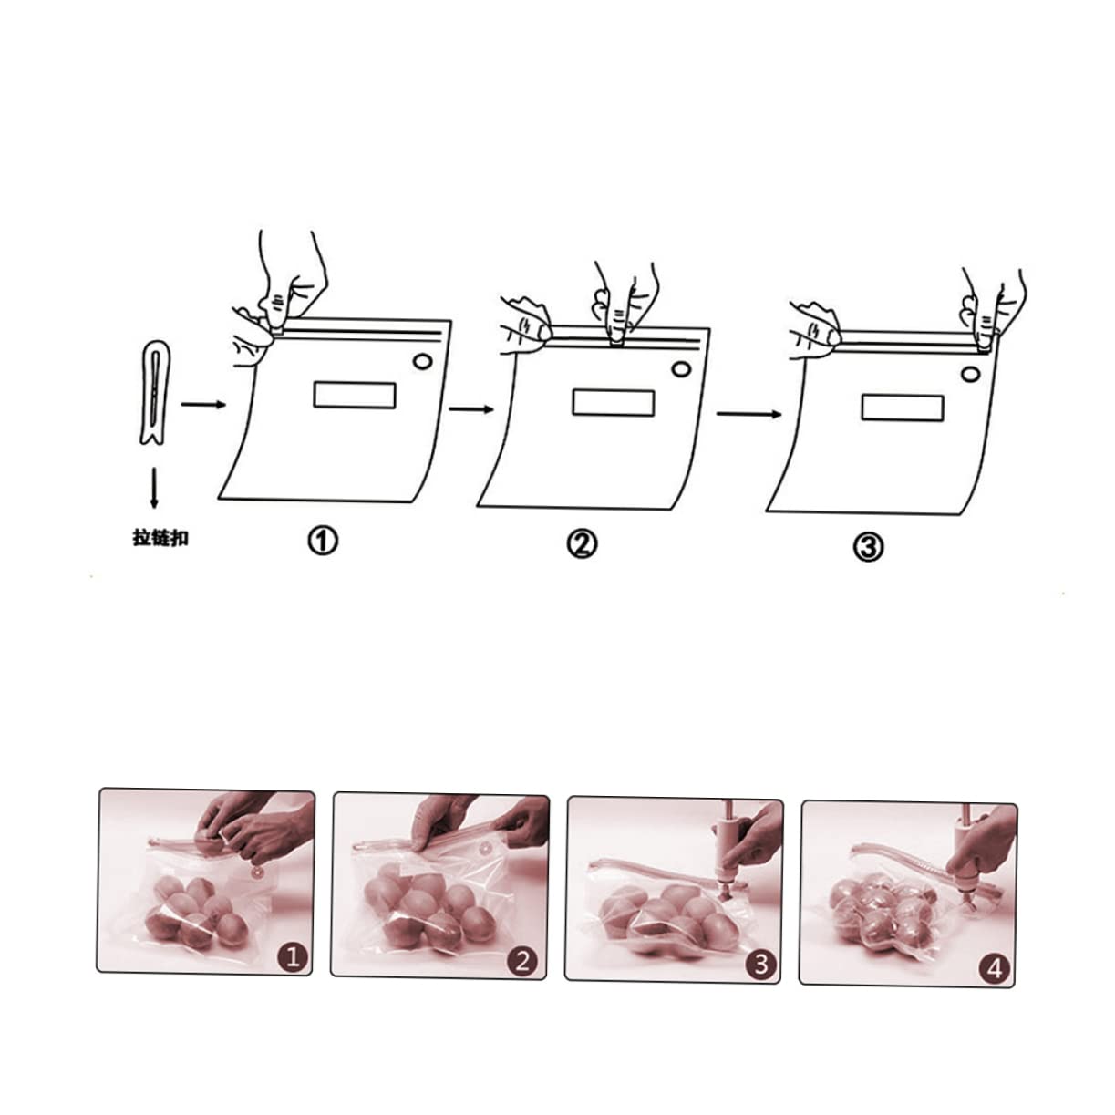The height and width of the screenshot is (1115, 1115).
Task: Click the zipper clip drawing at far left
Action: tap(156, 393)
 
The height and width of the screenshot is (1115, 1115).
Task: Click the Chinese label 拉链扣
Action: tap(160, 539)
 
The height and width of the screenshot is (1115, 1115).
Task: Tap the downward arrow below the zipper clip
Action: tap(154, 489)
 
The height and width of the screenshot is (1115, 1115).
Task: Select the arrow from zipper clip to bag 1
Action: tap(202, 404)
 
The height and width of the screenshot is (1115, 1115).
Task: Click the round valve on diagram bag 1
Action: tap(422, 362)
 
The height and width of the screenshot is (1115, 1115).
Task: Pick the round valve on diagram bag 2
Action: tap(679, 369)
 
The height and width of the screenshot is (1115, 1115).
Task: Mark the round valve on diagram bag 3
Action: tap(971, 375)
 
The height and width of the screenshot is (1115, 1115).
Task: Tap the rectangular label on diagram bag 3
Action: tap(902, 408)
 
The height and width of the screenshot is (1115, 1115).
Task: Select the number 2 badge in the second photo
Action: tap(523, 960)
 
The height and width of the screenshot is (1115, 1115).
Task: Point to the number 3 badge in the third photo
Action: tap(760, 963)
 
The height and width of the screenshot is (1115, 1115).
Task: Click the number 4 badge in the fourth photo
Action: tap(995, 968)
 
